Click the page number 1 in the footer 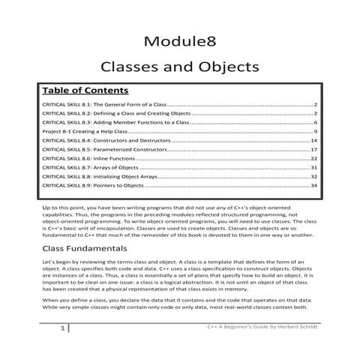coord(61,349)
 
